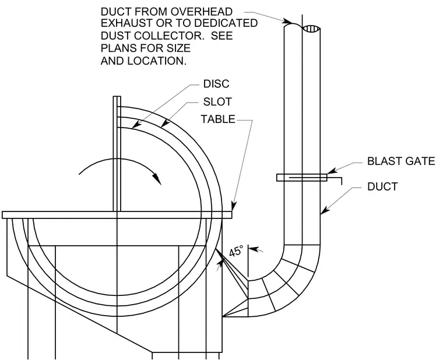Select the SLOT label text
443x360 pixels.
217,101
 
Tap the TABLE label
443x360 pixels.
218,119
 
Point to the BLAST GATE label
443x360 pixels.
401,161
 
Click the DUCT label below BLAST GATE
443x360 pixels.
382,186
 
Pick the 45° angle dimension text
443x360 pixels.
236,251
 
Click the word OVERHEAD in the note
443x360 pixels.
201,12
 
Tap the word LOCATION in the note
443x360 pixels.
157,61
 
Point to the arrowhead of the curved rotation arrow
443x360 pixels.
157,178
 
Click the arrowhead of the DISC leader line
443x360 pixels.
136,125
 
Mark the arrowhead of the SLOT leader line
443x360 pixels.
166,123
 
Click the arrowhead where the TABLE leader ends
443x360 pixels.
233,206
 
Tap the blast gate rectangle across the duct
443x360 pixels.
301,178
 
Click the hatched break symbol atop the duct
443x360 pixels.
311,29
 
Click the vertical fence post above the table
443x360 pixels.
117,154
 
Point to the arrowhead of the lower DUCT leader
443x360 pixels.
325,210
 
